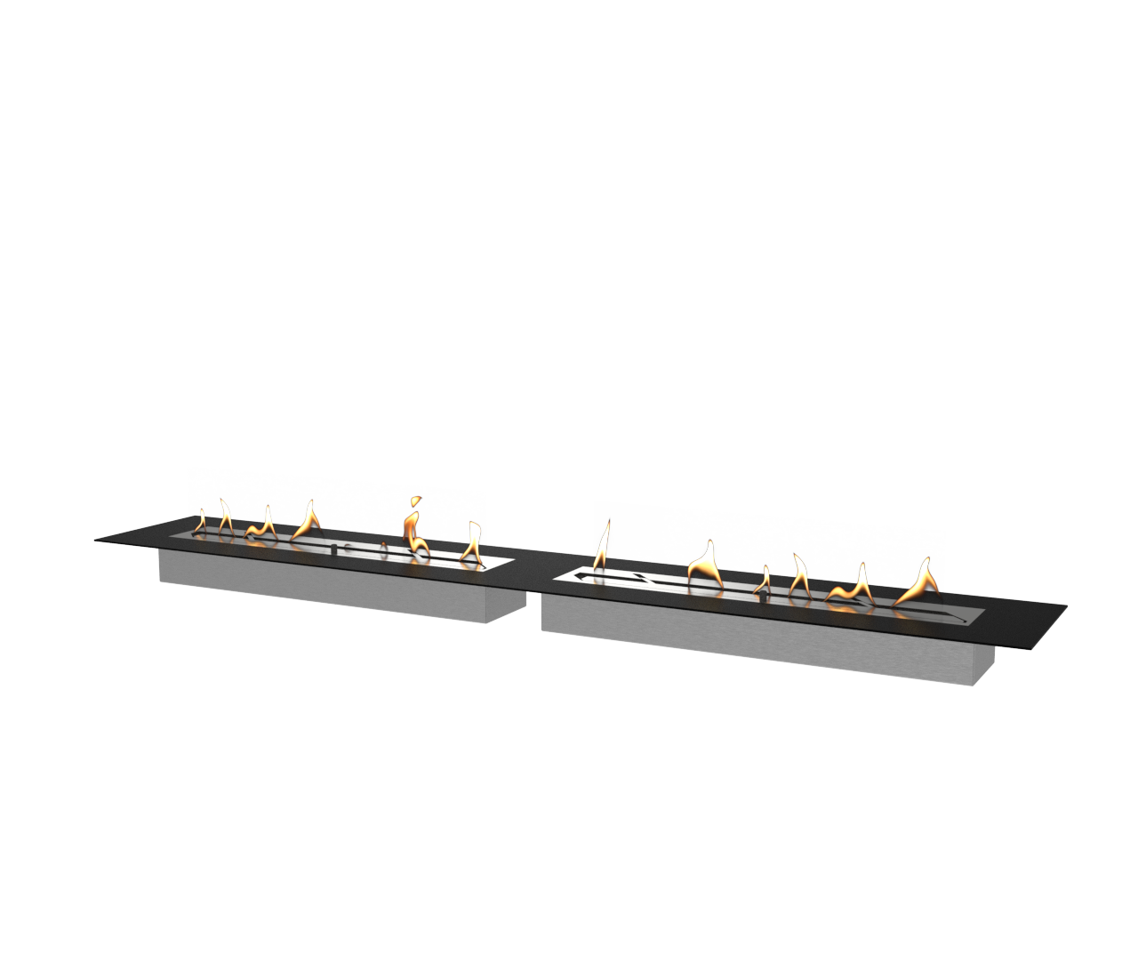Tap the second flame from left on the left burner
(225, 517)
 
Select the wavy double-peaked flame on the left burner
(260, 525)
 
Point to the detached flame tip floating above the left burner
(413, 504)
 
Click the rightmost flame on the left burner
(471, 543)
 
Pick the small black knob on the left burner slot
(333, 550)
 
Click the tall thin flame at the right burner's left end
(604, 545)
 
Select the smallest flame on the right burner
(764, 580)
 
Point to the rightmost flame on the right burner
(919, 582)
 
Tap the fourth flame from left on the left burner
(308, 519)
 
